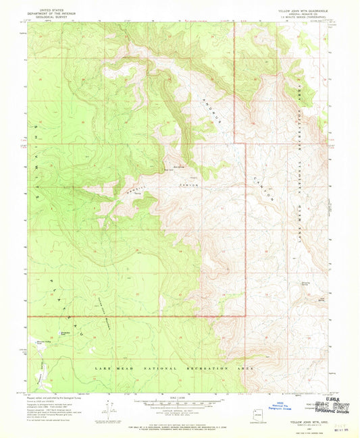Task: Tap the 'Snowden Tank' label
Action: pos(66,333)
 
